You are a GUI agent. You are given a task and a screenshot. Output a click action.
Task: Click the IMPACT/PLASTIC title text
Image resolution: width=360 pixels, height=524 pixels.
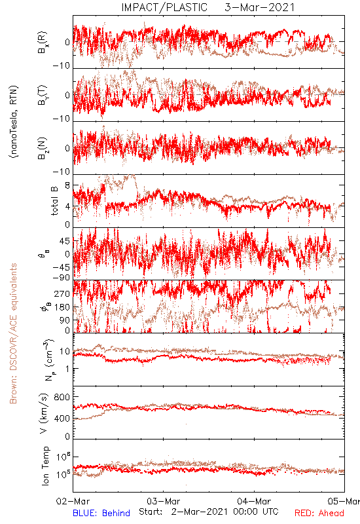click(x=164, y=7)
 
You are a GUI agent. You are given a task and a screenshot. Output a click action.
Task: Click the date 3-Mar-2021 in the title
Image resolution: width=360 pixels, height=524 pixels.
click(x=259, y=7)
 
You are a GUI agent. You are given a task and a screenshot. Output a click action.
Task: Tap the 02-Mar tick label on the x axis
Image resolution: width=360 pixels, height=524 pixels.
click(x=73, y=501)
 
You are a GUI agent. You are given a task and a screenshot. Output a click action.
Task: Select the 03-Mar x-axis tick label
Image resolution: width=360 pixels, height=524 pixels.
click(x=163, y=501)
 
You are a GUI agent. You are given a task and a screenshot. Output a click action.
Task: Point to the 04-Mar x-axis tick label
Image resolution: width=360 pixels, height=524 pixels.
click(x=254, y=501)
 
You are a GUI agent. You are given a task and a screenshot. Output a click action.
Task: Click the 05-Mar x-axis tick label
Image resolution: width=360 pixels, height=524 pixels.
click(x=344, y=501)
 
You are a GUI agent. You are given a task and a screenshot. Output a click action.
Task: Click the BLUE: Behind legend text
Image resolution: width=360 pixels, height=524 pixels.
click(x=101, y=513)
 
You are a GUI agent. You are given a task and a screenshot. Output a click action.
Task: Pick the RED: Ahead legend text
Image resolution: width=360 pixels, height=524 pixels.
click(x=319, y=513)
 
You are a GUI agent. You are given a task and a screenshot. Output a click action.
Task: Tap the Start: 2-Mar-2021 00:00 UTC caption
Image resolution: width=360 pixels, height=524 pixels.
click(x=208, y=512)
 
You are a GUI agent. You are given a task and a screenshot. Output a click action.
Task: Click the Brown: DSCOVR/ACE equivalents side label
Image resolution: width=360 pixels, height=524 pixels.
click(x=13, y=333)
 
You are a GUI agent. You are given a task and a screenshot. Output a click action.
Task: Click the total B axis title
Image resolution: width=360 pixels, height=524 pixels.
click(x=54, y=200)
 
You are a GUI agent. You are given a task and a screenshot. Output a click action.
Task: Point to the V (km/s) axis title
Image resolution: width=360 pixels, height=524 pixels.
click(x=44, y=414)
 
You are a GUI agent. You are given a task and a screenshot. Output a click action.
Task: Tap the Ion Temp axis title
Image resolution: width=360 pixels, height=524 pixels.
click(x=45, y=466)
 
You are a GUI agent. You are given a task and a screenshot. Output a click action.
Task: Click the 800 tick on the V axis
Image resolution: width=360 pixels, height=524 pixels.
click(x=62, y=397)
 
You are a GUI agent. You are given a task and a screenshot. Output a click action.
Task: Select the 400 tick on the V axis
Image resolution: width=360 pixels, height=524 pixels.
click(x=62, y=418)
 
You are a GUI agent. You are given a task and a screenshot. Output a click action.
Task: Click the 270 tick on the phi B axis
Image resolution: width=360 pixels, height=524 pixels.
click(x=62, y=293)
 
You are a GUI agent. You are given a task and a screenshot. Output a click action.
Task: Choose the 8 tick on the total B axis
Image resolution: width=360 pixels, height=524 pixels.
click(x=67, y=185)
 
